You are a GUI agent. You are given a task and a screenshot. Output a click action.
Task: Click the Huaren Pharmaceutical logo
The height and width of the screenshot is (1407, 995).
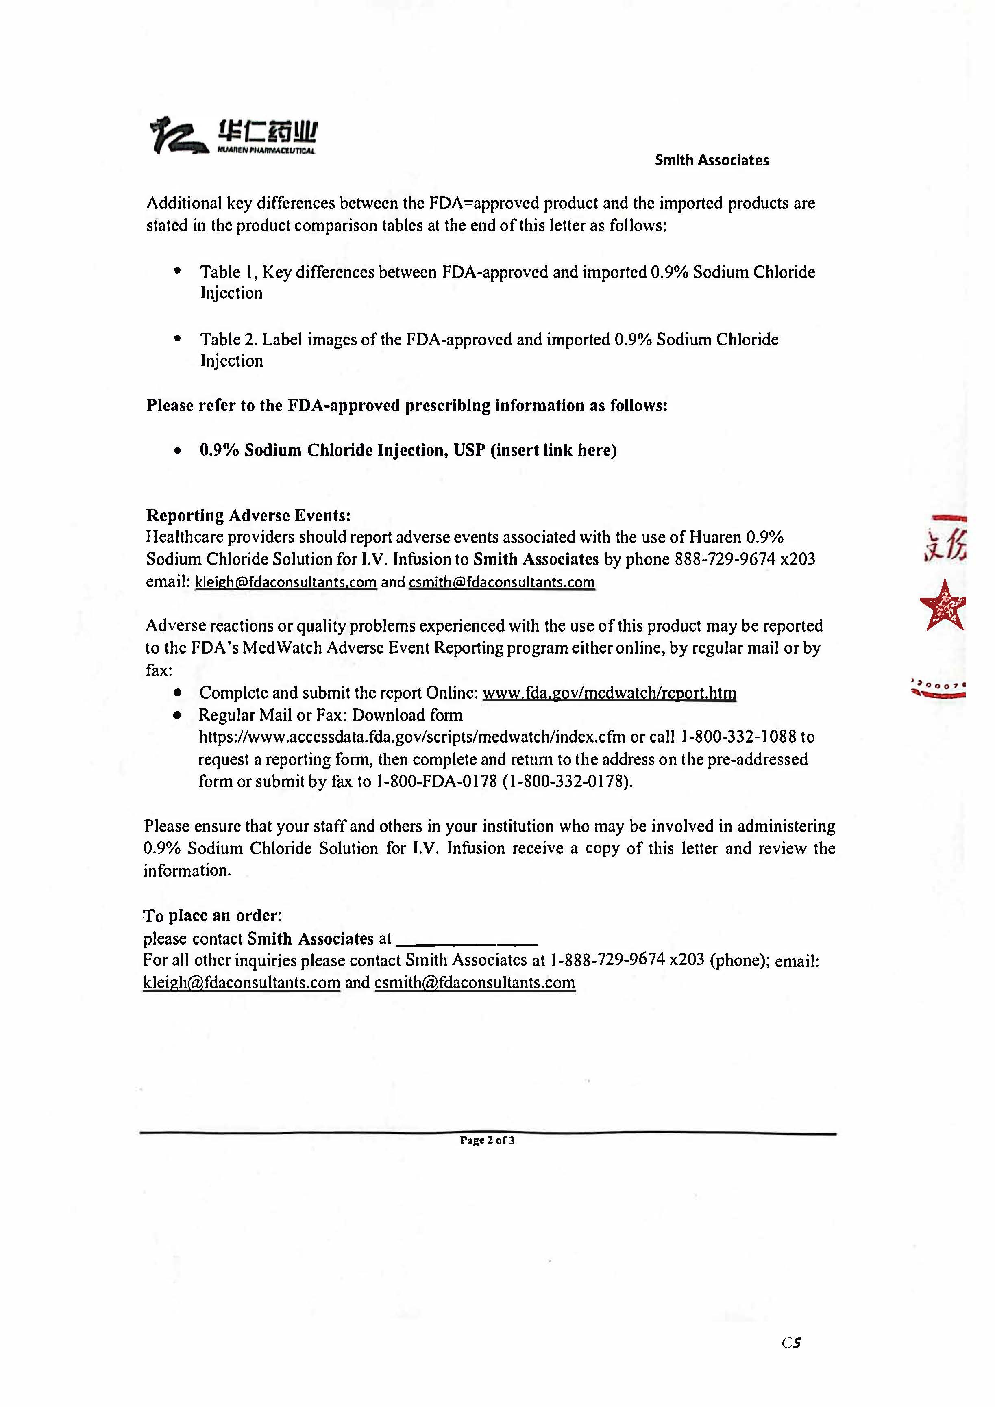pos(233,135)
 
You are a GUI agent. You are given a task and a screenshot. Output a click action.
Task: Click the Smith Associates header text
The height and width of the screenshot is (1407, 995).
pos(711,161)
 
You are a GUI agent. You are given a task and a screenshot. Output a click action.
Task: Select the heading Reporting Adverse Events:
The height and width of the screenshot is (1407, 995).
pos(248,515)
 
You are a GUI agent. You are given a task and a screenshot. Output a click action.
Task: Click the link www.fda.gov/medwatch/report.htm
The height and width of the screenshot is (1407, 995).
pos(610,693)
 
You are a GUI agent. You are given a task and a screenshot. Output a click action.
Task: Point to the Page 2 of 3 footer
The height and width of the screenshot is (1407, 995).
pos(488,1140)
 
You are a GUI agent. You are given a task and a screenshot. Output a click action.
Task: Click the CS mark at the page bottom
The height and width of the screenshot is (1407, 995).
pos(791,1343)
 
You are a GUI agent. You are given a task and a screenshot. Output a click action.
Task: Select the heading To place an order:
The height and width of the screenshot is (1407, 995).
pos(212,916)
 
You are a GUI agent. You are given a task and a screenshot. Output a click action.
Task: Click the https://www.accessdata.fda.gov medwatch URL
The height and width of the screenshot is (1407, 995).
pos(412,736)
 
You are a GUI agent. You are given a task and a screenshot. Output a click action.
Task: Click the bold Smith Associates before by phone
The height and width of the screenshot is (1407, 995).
pos(536,559)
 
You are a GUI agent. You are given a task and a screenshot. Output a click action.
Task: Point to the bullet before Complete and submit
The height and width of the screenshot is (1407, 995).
pos(178,693)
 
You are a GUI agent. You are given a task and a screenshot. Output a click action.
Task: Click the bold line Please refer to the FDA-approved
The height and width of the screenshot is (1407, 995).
pos(407,406)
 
